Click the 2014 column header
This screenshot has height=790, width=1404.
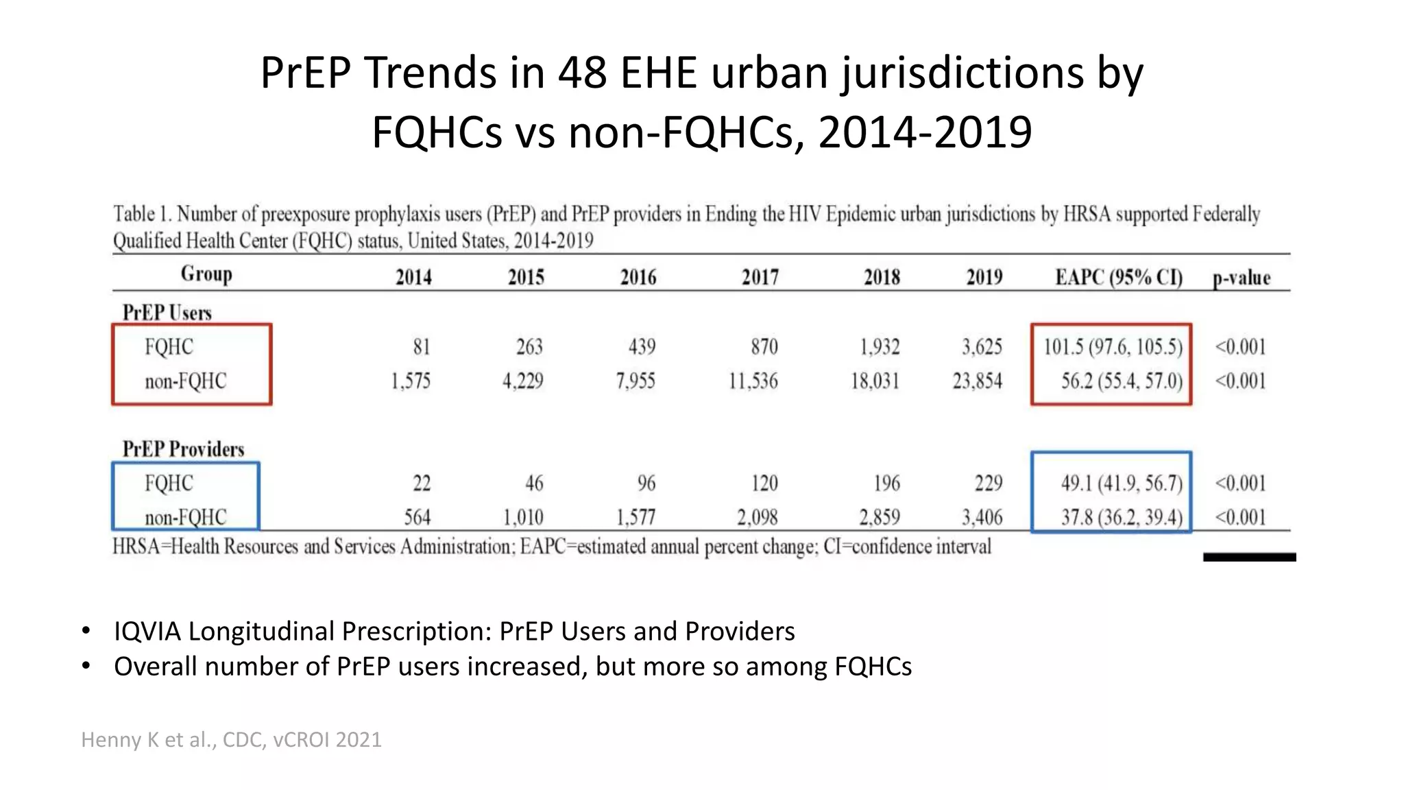(413, 277)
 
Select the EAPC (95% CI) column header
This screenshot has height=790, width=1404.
(1119, 277)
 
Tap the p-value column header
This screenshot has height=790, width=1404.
(1241, 278)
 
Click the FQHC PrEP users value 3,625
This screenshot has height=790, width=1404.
(982, 346)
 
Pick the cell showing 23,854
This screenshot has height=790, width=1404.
(977, 381)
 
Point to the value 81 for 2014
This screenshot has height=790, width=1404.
(421, 346)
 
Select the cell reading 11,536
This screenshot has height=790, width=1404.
(753, 381)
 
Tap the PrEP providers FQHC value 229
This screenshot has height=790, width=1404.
(988, 483)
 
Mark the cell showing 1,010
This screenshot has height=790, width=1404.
(523, 517)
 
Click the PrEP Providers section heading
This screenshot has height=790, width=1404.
(183, 449)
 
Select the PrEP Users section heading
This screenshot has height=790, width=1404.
(167, 313)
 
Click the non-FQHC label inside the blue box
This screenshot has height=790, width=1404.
(185, 517)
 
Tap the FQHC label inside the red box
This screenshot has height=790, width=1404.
(169, 346)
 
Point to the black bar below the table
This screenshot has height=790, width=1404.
(1249, 557)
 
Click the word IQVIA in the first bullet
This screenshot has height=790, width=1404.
(147, 631)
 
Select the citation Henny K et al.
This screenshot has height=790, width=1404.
(231, 739)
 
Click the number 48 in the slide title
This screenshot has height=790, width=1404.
(582, 72)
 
